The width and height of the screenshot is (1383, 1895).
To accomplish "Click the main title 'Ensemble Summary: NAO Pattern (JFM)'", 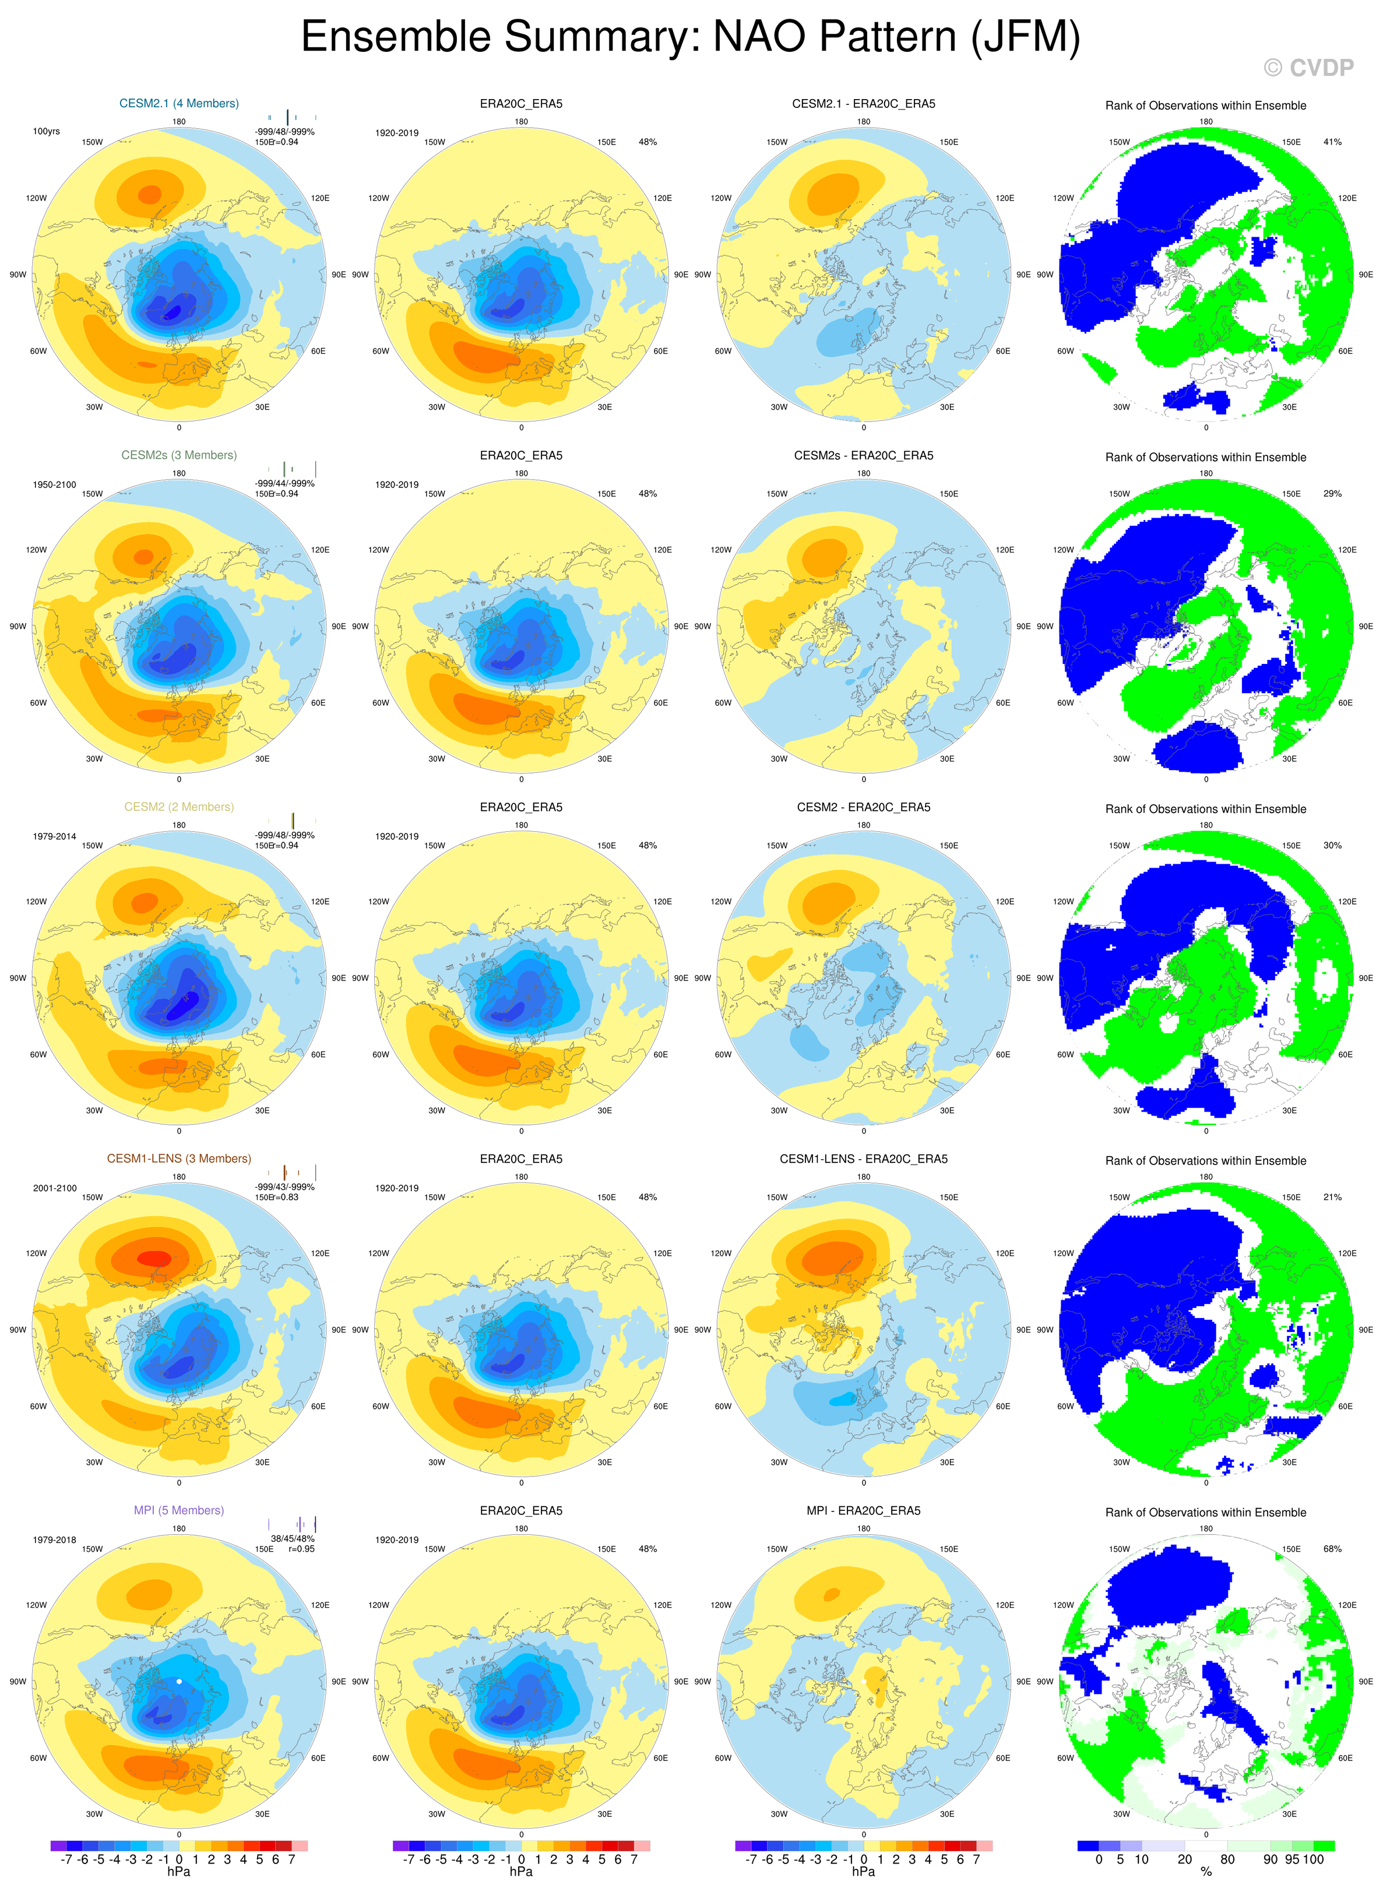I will (690, 38).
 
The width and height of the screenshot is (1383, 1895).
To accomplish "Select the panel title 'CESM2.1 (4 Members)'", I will (179, 104).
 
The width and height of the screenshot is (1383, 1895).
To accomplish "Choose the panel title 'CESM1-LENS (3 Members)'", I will (179, 1159).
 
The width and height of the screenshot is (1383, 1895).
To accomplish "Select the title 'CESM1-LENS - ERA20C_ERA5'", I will (863, 1159).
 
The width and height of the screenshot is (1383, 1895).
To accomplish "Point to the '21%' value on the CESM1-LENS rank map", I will (1332, 1197).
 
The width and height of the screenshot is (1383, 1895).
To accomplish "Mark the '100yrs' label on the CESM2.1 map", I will (46, 132).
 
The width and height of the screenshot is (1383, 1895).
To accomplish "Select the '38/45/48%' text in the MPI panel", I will (292, 1538).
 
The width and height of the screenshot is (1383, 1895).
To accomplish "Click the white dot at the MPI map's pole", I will (179, 1680).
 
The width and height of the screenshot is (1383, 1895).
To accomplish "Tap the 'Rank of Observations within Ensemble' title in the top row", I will (1205, 106).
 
